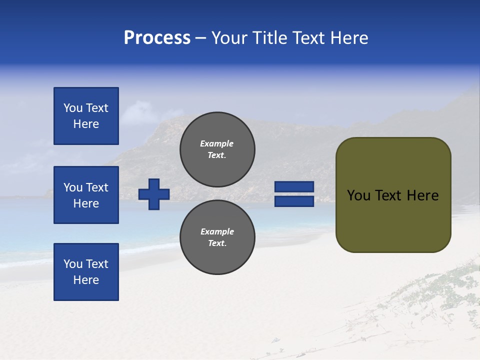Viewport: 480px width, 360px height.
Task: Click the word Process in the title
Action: (x=157, y=38)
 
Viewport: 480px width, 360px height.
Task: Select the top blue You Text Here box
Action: (x=86, y=116)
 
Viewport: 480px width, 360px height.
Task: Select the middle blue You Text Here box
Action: (x=86, y=195)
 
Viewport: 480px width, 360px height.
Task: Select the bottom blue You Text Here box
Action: (x=86, y=272)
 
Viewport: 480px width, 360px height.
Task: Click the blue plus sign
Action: (x=154, y=194)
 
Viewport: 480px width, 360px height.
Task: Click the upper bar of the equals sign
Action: (x=294, y=187)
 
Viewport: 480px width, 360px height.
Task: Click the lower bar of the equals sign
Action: (x=294, y=201)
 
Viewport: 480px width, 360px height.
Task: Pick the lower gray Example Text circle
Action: (x=217, y=237)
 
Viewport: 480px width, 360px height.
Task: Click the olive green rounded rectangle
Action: (x=393, y=220)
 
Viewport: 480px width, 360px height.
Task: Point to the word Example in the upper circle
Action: (x=217, y=143)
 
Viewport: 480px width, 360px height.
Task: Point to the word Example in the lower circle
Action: (x=217, y=231)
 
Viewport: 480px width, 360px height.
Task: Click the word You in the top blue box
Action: (x=73, y=108)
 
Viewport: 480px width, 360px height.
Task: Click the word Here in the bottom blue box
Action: (x=86, y=280)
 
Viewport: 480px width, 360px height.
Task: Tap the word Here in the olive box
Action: (x=423, y=195)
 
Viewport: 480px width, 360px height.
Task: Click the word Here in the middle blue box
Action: (x=86, y=203)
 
